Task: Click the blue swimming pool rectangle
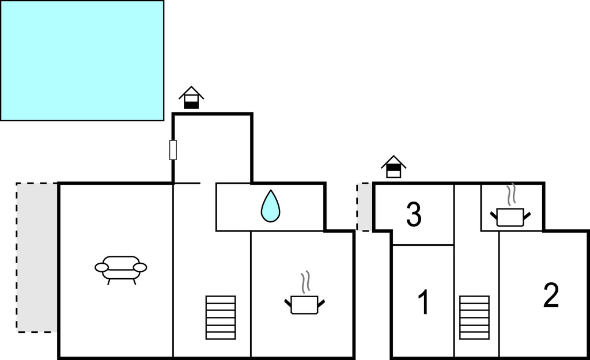(x=82, y=60)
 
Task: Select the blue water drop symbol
(x=271, y=206)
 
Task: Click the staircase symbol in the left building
(x=221, y=317)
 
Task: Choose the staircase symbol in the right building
(x=475, y=317)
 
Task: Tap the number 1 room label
(x=424, y=302)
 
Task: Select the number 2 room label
(x=551, y=295)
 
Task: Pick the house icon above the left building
(x=191, y=97)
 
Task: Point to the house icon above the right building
(x=394, y=166)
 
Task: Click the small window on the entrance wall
(x=173, y=150)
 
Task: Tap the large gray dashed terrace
(x=37, y=257)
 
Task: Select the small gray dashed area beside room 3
(x=365, y=207)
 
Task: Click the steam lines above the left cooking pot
(x=305, y=282)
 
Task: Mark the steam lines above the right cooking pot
(x=511, y=195)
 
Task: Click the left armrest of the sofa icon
(x=101, y=267)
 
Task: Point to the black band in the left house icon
(x=191, y=105)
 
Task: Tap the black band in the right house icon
(x=394, y=168)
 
